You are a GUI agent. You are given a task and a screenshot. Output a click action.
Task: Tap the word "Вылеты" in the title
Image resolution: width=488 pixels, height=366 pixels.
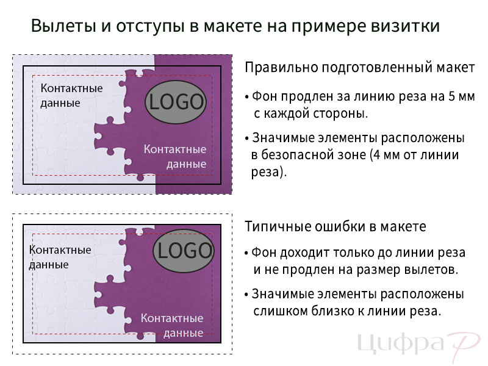63,26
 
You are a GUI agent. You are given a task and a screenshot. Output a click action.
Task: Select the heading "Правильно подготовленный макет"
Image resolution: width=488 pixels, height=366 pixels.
360,68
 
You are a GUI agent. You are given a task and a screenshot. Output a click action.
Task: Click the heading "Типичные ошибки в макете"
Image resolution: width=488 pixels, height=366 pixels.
335,226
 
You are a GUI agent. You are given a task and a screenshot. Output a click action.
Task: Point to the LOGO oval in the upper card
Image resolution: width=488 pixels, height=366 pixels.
176,102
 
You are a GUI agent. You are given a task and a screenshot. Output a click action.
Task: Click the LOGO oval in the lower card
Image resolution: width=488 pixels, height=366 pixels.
184,251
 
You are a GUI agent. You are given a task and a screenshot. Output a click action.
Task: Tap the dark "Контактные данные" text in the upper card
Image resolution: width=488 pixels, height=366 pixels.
71,96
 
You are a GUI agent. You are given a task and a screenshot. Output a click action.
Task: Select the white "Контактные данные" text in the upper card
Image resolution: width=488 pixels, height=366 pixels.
175,157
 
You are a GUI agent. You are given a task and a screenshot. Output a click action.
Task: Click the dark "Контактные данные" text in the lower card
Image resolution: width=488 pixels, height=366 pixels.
60,257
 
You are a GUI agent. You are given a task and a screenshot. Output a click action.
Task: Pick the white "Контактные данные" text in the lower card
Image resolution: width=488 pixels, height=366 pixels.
172,326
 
